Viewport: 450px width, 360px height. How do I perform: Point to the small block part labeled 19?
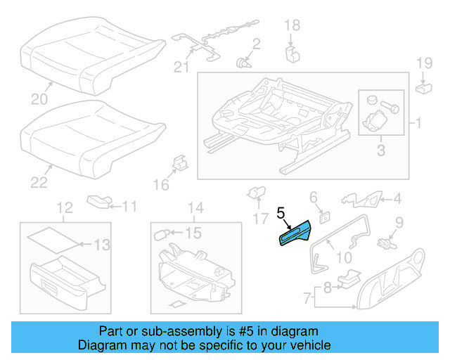tap(424, 88)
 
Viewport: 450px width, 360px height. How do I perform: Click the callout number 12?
tap(64, 207)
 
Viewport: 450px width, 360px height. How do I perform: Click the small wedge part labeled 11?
tap(101, 202)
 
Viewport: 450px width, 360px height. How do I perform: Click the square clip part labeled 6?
tap(324, 217)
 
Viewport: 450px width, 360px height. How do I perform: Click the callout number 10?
tap(345, 258)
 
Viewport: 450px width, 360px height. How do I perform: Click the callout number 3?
tap(380, 150)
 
